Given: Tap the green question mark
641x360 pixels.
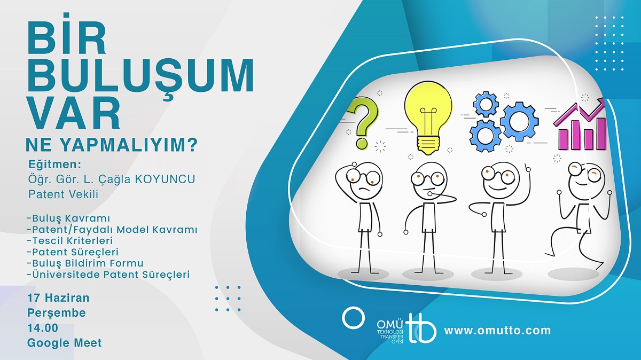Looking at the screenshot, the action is pyautogui.click(x=363, y=122).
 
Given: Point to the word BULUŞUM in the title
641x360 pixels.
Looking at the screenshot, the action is pyautogui.click(x=140, y=75).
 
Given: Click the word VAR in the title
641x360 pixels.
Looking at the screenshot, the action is pyautogui.click(x=73, y=114).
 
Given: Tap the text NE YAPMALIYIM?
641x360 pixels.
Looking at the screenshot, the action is pyautogui.click(x=112, y=145).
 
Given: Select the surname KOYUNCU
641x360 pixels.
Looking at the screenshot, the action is pyautogui.click(x=165, y=179).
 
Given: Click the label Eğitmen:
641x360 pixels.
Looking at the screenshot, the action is pyautogui.click(x=55, y=165).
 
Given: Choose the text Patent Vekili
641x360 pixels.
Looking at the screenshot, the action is pyautogui.click(x=63, y=194).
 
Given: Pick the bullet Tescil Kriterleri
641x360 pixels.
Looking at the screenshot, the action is pyautogui.click(x=70, y=241).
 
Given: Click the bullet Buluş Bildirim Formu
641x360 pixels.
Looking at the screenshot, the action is pyautogui.click(x=85, y=263).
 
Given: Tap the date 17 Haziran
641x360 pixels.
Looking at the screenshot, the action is pyautogui.click(x=58, y=298).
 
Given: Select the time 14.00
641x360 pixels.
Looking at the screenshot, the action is pyautogui.click(x=43, y=328).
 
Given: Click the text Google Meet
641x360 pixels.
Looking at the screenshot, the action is pyautogui.click(x=65, y=343).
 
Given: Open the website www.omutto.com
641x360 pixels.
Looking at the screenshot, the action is pyautogui.click(x=498, y=331).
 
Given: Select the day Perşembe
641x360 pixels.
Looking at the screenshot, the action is pyautogui.click(x=57, y=313).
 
